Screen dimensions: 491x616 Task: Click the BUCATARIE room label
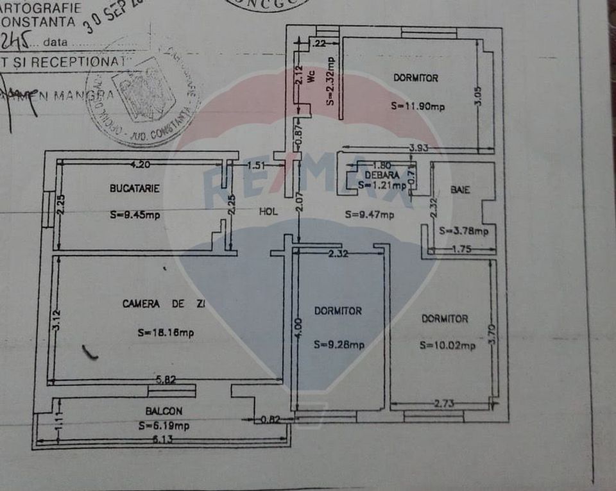click(134, 188)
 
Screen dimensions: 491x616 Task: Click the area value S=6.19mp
click(164, 425)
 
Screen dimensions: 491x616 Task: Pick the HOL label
click(268, 212)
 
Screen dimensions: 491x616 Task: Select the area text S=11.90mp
click(418, 106)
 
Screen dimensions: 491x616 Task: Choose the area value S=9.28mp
click(339, 344)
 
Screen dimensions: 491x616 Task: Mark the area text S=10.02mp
click(448, 345)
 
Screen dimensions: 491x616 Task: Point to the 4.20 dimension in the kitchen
click(140, 165)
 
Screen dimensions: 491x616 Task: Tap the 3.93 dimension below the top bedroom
click(420, 149)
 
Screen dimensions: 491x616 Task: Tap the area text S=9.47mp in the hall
click(369, 215)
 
